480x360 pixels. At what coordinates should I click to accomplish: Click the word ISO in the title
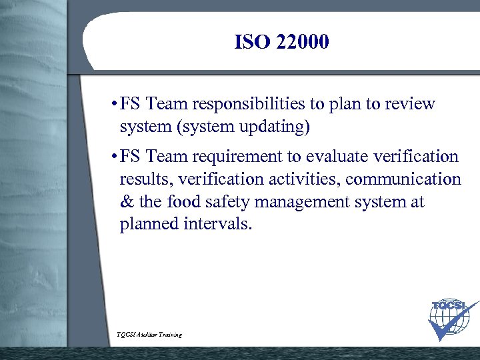pos(252,43)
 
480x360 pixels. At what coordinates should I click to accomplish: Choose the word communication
pos(403,179)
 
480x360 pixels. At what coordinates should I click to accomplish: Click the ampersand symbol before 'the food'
pos(126,202)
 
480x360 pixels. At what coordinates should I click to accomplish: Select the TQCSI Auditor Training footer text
pos(148,335)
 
